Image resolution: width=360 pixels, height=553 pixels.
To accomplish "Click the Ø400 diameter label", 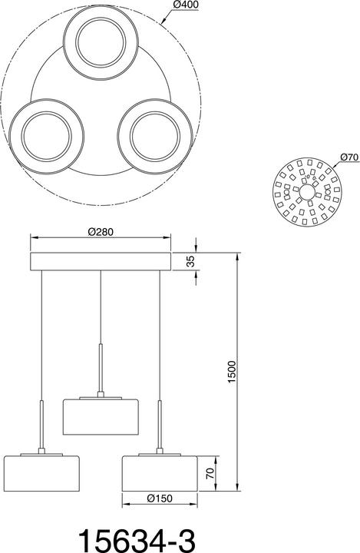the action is tap(187, 5).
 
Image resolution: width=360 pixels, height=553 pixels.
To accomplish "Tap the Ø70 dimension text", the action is tap(349, 157).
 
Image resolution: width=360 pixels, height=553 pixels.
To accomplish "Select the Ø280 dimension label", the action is tap(101, 232).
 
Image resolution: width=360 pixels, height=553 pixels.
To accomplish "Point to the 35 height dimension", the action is tap(190, 262).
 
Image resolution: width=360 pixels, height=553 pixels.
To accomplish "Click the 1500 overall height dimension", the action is tap(231, 372).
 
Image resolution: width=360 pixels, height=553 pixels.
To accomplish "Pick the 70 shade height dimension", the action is tap(210, 473).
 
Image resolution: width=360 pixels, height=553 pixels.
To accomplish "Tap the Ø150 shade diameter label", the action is tap(160, 498).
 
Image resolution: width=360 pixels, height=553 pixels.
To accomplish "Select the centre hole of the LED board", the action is tap(306, 192).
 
